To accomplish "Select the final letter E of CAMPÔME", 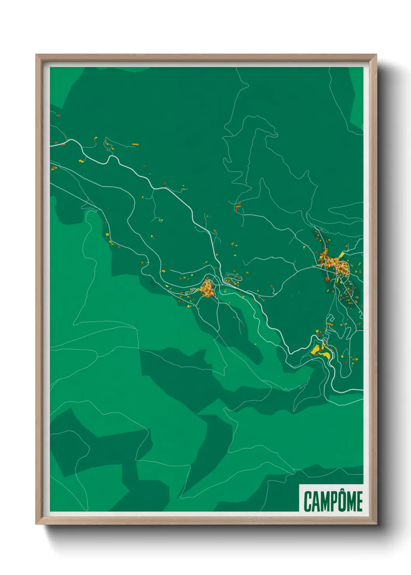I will coord(359,502).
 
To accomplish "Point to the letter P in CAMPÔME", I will coord(333,502).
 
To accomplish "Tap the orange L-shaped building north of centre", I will coord(237,206).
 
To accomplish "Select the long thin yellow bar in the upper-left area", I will coord(135,144).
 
